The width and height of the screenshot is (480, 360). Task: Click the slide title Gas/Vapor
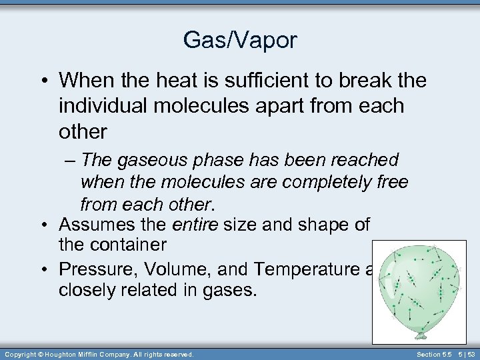point(240,41)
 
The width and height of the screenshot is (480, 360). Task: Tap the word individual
point(106,106)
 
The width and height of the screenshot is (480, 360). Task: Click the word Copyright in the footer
point(20,353)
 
